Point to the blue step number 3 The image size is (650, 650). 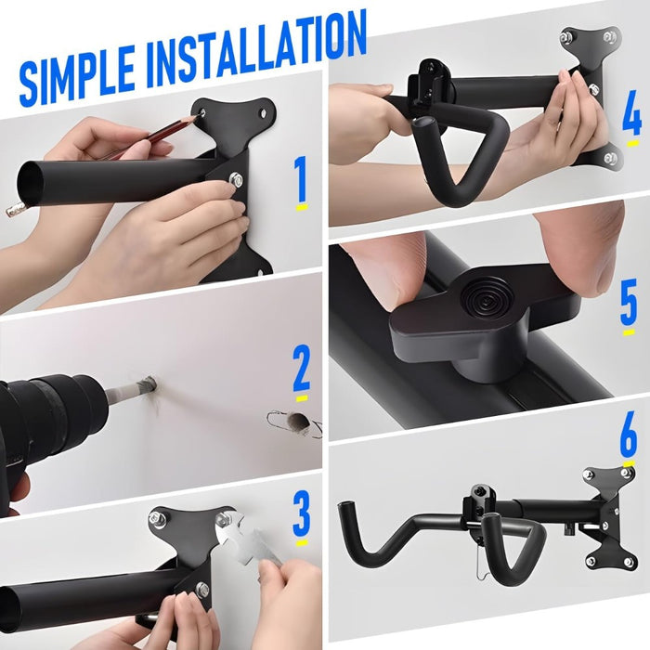[301, 516]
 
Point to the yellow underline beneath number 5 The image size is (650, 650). [629, 331]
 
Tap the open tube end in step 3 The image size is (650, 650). [9, 608]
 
